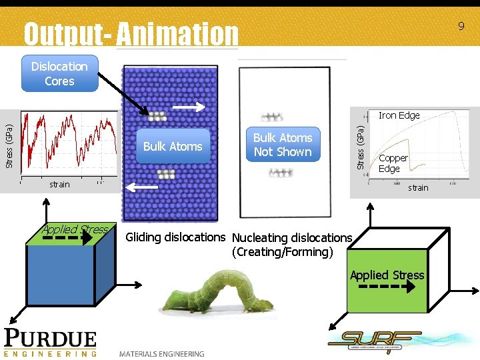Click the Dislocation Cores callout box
click(x=59, y=73)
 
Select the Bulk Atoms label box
click(x=173, y=146)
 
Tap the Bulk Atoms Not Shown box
click(x=283, y=145)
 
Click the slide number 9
click(x=460, y=27)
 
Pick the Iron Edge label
click(x=399, y=115)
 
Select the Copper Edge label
click(x=393, y=163)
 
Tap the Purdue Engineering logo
click(x=51, y=342)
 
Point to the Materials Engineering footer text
click(x=162, y=353)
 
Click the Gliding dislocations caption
click(x=176, y=237)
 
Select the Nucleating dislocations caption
click(x=291, y=238)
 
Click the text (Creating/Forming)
click(x=282, y=252)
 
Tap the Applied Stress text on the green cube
click(x=387, y=275)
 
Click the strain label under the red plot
click(x=59, y=184)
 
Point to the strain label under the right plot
click(x=418, y=187)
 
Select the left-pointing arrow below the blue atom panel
click(x=142, y=189)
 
